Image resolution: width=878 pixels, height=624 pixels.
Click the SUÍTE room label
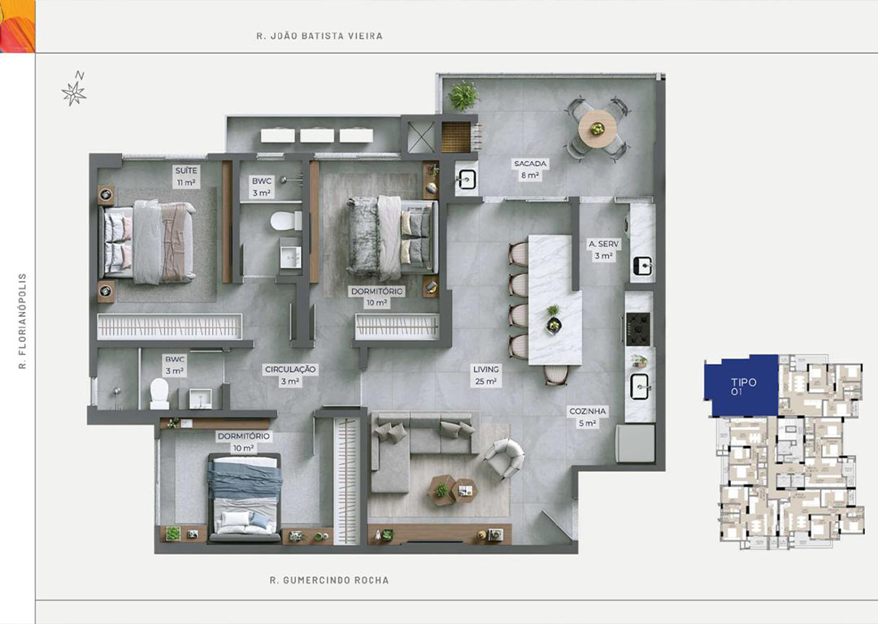(x=186, y=170)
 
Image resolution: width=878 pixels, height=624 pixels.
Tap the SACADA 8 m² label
(x=530, y=169)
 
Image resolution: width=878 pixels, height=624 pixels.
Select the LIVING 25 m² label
(x=485, y=375)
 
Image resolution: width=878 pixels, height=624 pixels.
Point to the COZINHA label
(x=588, y=411)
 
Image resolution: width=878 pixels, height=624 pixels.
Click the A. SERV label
(x=603, y=244)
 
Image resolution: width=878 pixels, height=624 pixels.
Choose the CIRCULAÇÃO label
(x=290, y=370)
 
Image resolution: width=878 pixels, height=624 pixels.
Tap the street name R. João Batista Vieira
(x=319, y=36)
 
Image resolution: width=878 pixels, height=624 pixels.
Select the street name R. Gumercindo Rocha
(x=329, y=580)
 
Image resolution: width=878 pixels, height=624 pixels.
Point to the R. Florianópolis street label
(x=23, y=321)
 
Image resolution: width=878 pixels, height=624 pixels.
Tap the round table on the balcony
(x=598, y=128)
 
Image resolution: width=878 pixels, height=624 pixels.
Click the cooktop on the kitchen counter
(x=638, y=329)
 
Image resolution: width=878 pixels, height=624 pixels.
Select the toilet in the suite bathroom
(x=285, y=220)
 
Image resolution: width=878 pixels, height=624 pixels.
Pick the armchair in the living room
(x=505, y=457)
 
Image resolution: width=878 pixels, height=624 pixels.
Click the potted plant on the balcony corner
(x=463, y=96)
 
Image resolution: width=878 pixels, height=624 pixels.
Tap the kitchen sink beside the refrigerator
(x=640, y=387)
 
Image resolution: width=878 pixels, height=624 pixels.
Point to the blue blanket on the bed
(x=244, y=475)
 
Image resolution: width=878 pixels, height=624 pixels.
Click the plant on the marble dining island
(x=554, y=318)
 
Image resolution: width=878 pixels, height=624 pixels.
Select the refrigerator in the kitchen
(x=636, y=444)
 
